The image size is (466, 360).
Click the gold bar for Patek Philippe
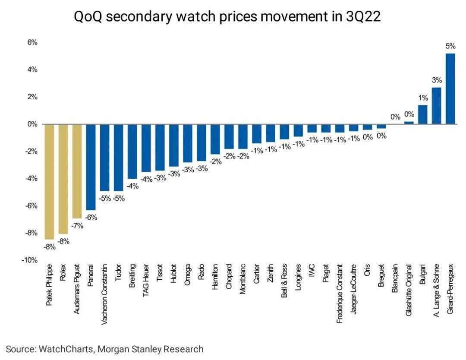(x=49, y=181)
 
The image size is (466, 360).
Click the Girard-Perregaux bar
(x=450, y=89)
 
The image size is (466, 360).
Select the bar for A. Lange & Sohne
(x=436, y=106)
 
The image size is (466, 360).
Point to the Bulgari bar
(x=422, y=115)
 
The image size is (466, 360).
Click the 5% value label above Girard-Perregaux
(x=450, y=46)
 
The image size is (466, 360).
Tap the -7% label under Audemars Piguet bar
(x=78, y=226)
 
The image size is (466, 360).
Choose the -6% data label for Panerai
(x=91, y=218)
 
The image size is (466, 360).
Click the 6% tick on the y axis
(x=33, y=42)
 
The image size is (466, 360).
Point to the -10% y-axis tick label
(x=30, y=260)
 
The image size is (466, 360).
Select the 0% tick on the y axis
(x=33, y=124)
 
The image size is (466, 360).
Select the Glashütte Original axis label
(x=409, y=289)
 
